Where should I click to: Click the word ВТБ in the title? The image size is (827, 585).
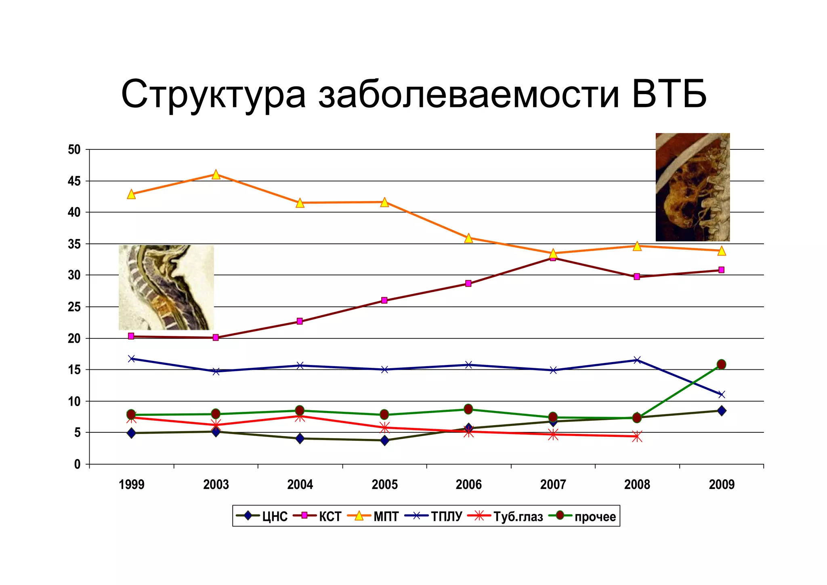coord(669,94)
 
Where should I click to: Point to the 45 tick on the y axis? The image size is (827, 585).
coord(75,181)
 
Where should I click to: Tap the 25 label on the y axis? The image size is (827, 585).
coord(75,307)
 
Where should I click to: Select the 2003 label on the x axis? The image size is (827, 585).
coord(216,484)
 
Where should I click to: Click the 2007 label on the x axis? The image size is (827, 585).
coord(553,484)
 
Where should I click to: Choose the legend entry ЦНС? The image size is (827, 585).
coord(262,516)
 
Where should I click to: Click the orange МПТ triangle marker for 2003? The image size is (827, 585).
coord(216,174)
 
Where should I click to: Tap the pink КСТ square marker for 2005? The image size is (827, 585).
coord(384,300)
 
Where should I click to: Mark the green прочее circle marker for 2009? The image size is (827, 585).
coord(721,364)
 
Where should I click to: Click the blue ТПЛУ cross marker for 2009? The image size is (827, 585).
coord(721,394)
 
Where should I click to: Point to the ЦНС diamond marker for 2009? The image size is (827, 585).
coord(721,411)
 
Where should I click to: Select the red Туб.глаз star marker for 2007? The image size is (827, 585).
coord(553,434)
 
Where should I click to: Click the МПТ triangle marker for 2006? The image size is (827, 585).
coord(468,238)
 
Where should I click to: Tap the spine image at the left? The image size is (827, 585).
coord(166,287)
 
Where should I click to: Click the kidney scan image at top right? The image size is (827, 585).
coord(693,187)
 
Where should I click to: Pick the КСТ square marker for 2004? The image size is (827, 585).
coord(300,321)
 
